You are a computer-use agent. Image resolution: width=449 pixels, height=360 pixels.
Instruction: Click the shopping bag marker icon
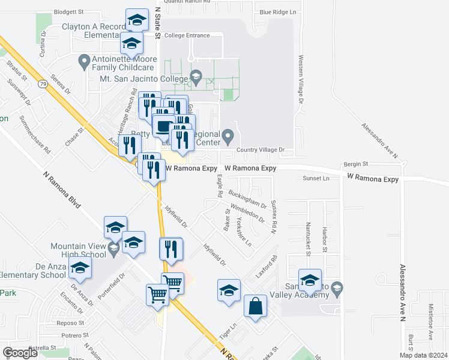(255, 306)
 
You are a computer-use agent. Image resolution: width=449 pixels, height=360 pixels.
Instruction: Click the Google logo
(20, 353)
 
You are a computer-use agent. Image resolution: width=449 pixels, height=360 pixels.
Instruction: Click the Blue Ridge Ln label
(278, 12)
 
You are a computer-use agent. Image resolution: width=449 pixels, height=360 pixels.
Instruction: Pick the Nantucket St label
(307, 238)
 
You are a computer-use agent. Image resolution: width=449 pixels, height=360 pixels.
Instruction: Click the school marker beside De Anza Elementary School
(79, 270)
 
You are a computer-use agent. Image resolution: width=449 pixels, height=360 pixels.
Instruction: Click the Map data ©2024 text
(423, 355)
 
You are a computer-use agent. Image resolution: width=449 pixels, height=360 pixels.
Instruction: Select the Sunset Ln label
(316, 178)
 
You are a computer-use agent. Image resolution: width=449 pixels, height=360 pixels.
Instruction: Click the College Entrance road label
(187, 35)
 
